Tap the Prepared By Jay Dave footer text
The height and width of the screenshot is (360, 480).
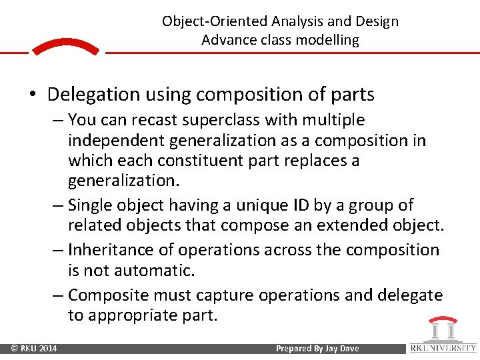(317, 349)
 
